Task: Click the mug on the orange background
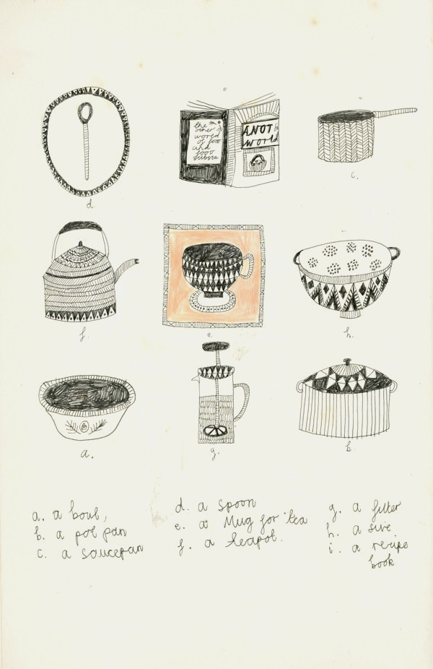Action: tap(214, 273)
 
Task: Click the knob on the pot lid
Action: tap(346, 363)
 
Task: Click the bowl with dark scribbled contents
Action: tap(87, 408)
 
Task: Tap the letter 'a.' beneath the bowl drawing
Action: tap(87, 455)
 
